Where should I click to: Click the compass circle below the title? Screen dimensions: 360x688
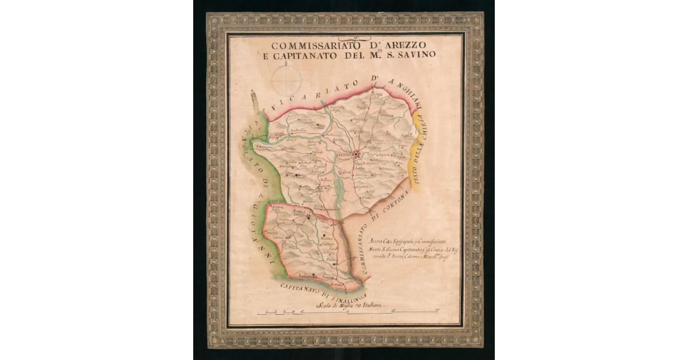pyautogui.click(x=286, y=80)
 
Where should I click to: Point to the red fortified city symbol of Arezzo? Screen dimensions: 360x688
pyautogui.click(x=357, y=154)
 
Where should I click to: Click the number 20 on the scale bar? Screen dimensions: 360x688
pyautogui.click(x=437, y=311)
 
